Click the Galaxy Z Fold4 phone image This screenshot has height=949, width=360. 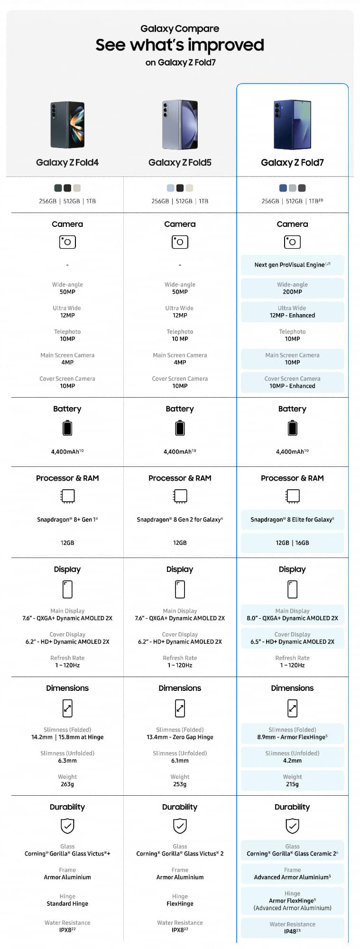click(67, 125)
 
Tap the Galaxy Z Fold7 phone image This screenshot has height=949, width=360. click(292, 125)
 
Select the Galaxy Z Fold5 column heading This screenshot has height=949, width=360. click(180, 163)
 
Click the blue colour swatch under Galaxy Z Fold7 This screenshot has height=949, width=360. click(283, 188)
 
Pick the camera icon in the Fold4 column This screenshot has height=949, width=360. click(67, 242)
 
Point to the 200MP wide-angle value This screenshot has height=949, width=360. click(292, 292)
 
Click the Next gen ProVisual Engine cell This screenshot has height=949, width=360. click(292, 265)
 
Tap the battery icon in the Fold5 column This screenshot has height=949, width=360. click(180, 428)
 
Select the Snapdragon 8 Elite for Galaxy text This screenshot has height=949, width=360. click(292, 520)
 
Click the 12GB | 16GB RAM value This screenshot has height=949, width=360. click(292, 543)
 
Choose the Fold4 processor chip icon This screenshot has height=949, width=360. click(67, 496)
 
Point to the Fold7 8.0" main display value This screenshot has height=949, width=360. click(292, 618)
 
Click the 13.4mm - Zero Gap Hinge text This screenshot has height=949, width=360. click(180, 737)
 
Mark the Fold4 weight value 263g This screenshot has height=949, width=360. click(67, 784)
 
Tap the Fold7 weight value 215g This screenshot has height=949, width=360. click(292, 784)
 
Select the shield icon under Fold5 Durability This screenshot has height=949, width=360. click(180, 826)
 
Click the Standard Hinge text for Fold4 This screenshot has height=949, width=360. click(67, 903)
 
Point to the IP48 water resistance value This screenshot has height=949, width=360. click(292, 931)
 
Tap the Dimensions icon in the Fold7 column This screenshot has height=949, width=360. click(292, 708)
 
